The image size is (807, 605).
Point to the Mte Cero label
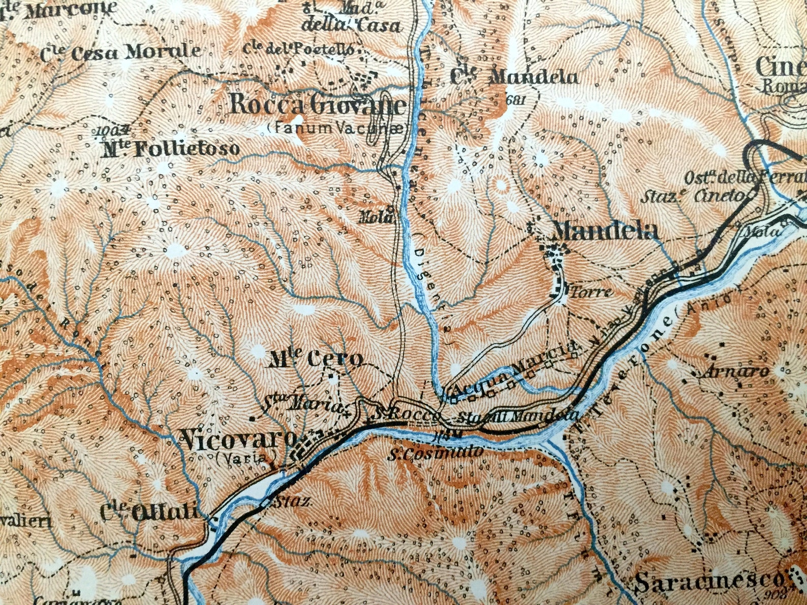[x=316, y=360]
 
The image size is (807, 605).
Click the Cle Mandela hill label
[x=514, y=77]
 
